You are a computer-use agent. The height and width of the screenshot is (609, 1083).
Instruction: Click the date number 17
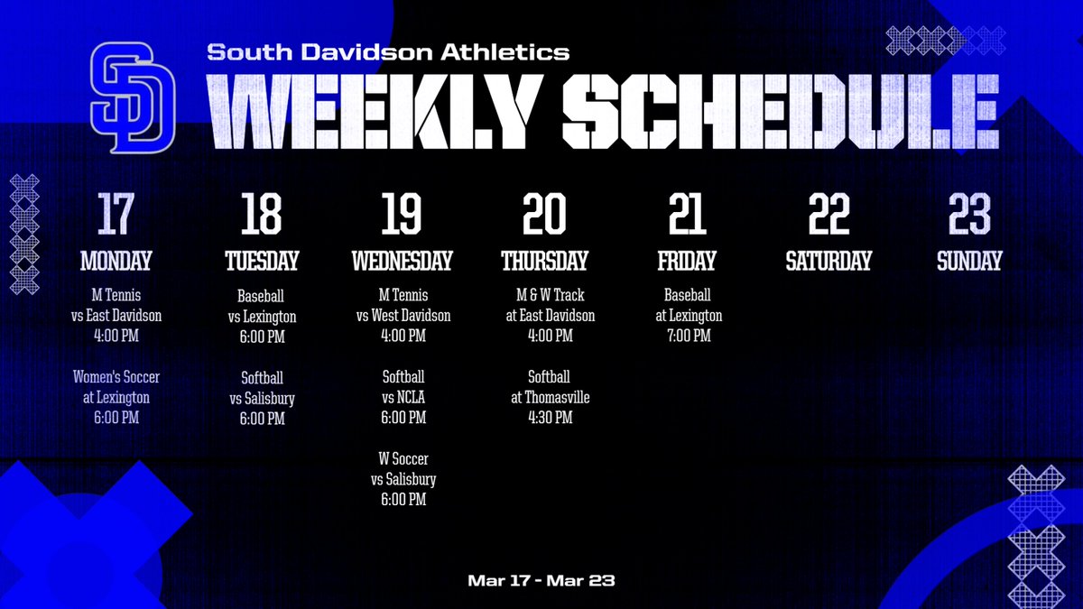[116, 214]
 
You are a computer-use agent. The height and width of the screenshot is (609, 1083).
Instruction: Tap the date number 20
[544, 214]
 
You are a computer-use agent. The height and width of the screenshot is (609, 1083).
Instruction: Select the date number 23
[969, 214]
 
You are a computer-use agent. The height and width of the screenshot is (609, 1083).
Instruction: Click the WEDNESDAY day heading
[402, 262]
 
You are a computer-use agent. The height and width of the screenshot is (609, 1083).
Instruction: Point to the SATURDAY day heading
[828, 262]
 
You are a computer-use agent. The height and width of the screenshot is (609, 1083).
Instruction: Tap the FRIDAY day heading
[687, 262]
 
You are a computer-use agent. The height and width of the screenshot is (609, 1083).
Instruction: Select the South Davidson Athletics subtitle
[388, 52]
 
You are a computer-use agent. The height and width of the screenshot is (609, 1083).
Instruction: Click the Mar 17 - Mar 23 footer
[541, 580]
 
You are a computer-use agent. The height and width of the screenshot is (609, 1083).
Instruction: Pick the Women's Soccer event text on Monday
[116, 377]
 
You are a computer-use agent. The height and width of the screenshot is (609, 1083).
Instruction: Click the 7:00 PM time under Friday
[688, 336]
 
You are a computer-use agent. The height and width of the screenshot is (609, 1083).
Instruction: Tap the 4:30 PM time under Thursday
[549, 418]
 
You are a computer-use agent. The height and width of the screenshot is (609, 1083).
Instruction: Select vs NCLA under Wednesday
[403, 397]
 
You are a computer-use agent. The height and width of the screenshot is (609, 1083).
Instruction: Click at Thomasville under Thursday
[550, 397]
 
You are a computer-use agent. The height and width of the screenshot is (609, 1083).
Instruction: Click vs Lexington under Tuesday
[262, 317]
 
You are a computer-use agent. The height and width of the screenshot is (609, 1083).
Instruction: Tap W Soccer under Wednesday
[403, 459]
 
